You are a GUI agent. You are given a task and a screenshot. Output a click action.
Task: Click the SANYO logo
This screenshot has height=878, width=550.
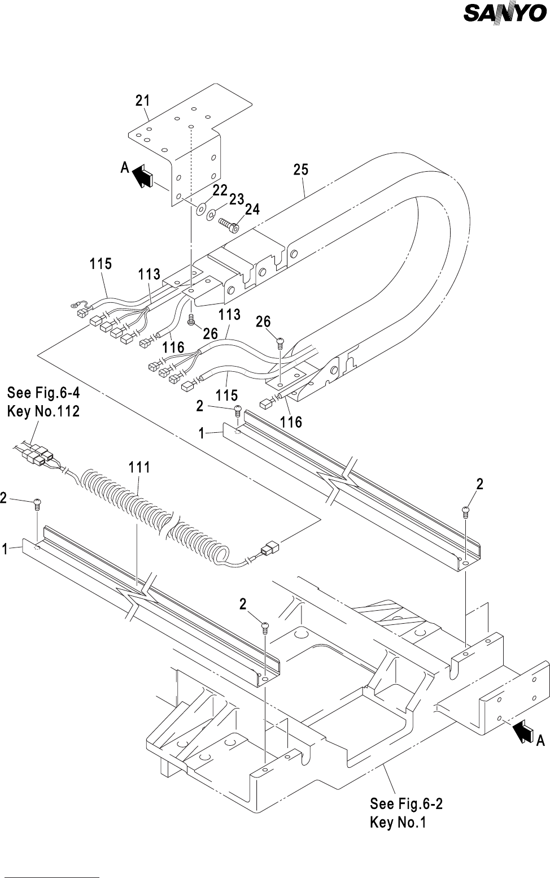point(505,14)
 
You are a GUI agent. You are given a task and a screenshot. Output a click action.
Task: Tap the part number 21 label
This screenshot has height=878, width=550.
point(143,101)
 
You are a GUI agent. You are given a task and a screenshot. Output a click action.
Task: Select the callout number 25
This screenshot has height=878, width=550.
point(301,169)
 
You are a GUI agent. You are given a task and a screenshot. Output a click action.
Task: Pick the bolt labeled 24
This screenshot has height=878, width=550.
point(228,225)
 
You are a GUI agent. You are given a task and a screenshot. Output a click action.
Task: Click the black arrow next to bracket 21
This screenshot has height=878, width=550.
point(143,175)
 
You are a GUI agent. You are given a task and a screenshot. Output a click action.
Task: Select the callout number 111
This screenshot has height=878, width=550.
point(139,467)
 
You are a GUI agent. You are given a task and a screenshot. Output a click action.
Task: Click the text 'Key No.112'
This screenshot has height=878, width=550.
point(43,411)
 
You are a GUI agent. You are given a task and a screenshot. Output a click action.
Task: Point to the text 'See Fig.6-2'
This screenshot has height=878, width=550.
point(406,804)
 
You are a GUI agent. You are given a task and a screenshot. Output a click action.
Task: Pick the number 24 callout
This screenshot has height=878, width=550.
point(252,209)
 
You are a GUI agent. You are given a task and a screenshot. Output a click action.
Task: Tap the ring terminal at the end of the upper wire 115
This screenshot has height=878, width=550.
point(74,304)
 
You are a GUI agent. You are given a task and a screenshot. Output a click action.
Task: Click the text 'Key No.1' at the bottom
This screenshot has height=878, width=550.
point(398,822)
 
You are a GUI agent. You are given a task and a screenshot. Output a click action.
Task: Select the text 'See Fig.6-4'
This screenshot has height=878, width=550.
point(43,392)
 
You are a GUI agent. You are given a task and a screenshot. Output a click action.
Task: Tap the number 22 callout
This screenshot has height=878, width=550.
point(220,190)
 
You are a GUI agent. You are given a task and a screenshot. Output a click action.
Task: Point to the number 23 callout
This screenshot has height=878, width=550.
point(237,199)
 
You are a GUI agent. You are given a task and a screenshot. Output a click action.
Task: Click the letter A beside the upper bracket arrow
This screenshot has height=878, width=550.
point(125,168)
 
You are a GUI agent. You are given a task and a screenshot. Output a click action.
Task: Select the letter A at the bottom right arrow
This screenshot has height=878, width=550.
point(540,741)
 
